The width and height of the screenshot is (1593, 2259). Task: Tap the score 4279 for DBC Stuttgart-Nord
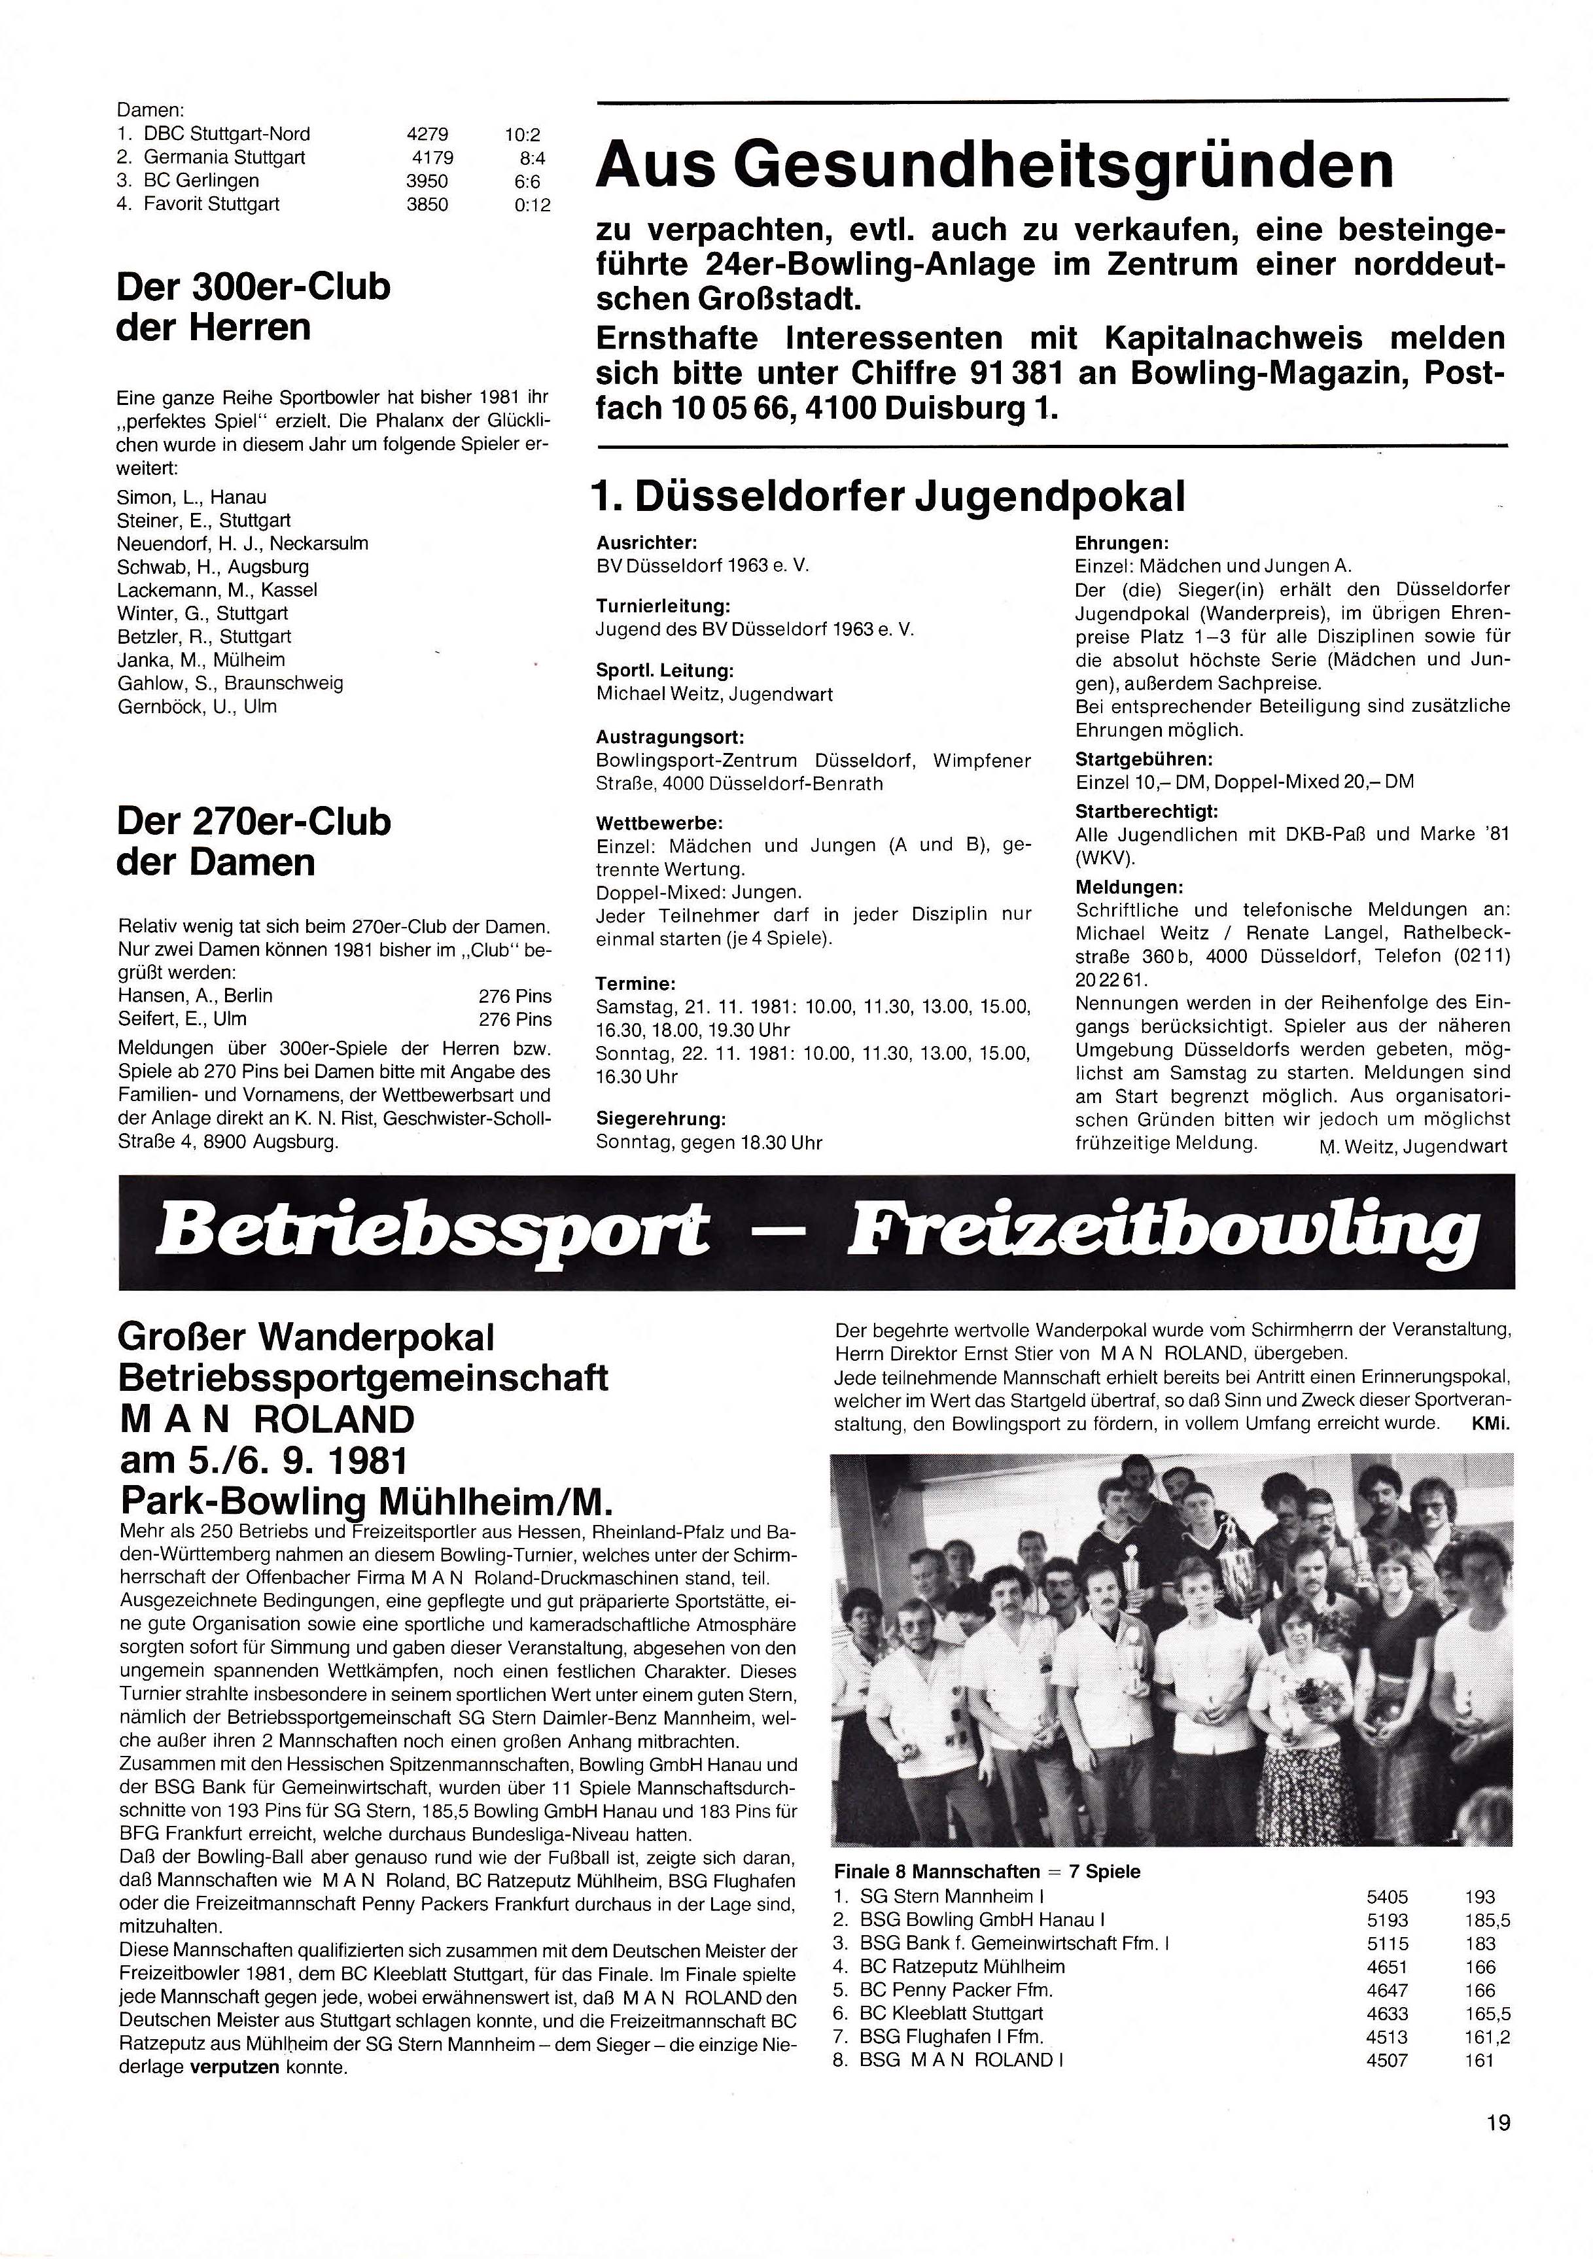tap(427, 134)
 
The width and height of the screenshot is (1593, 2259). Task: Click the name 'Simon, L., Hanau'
tap(191, 497)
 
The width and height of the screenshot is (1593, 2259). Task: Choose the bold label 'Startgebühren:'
tap(1144, 760)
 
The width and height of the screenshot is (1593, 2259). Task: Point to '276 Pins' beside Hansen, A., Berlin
tap(515, 996)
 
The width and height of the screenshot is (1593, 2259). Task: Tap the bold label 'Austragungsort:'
tap(669, 736)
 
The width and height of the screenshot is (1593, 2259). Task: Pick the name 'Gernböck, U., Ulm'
tap(197, 707)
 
